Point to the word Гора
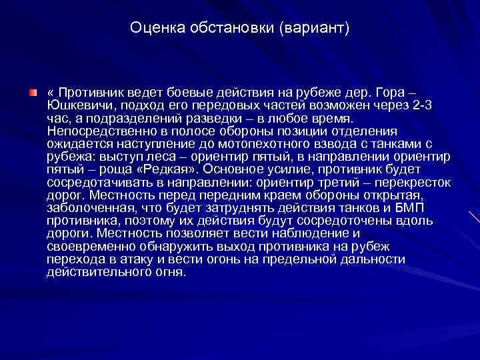click(x=409, y=91)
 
